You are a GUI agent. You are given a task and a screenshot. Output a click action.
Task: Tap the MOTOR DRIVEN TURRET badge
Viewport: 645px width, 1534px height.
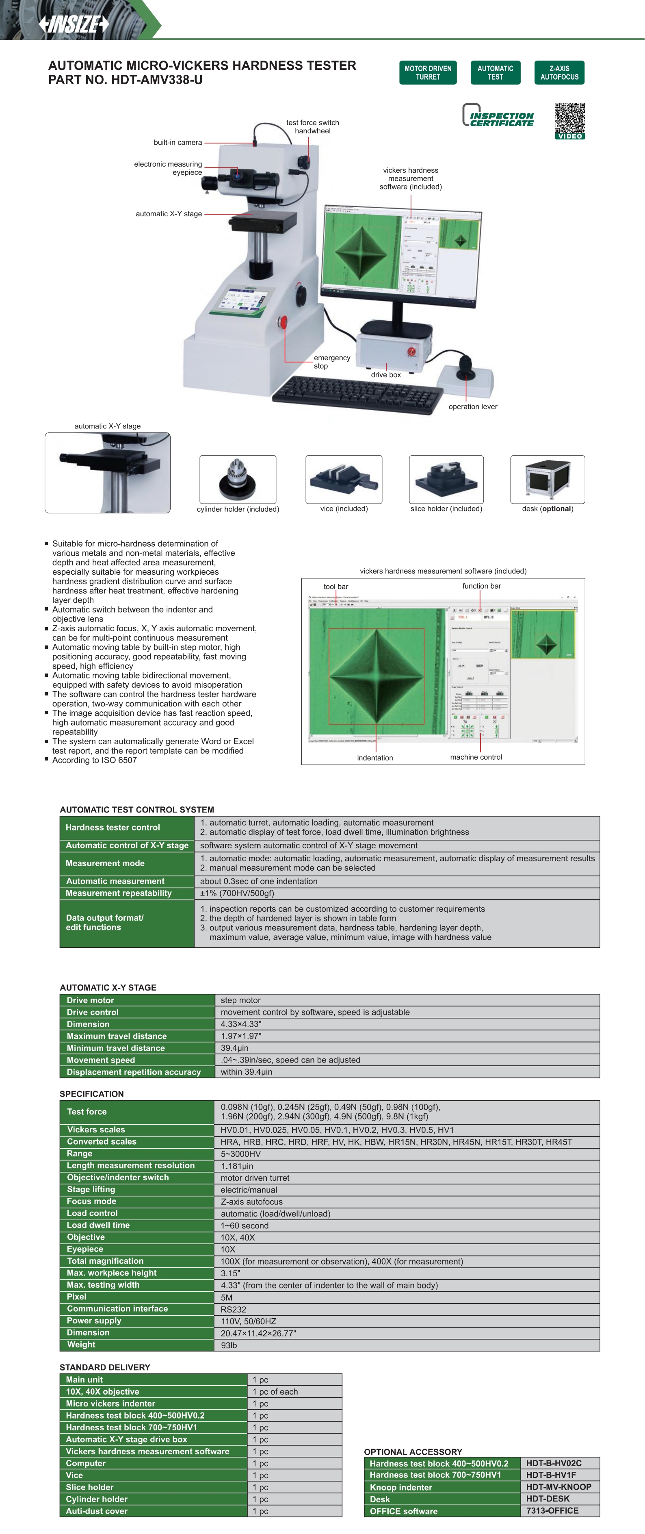tap(427, 73)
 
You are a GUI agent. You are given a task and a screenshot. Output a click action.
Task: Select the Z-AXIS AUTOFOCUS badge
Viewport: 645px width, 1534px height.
tap(559, 73)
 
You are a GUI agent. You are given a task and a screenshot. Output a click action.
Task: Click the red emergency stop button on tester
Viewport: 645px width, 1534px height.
tap(283, 322)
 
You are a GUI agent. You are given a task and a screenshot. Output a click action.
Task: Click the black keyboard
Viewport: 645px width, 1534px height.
tap(357, 394)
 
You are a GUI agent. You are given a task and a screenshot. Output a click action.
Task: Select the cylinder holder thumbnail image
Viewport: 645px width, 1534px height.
tap(238, 479)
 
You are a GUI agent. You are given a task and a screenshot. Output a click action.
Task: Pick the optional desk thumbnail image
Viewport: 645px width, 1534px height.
tap(548, 479)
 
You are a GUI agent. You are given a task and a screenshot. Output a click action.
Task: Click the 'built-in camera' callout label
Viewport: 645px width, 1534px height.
tap(177, 142)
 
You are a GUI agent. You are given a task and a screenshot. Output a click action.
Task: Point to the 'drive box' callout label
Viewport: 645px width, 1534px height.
tap(385, 375)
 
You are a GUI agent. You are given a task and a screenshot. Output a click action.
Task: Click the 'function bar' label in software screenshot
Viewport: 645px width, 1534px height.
tap(481, 586)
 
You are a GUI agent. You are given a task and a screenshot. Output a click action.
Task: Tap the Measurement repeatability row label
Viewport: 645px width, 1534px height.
tap(119, 893)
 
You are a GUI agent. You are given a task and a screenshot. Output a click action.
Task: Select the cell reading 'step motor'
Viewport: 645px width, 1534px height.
tap(240, 1000)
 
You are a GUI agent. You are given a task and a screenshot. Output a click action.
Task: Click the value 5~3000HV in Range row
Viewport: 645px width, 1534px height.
tap(240, 1154)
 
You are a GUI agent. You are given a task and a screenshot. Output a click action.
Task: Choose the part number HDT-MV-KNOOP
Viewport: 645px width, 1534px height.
tap(558, 1487)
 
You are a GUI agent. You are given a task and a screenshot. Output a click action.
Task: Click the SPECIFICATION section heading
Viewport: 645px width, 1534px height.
tap(92, 1094)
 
